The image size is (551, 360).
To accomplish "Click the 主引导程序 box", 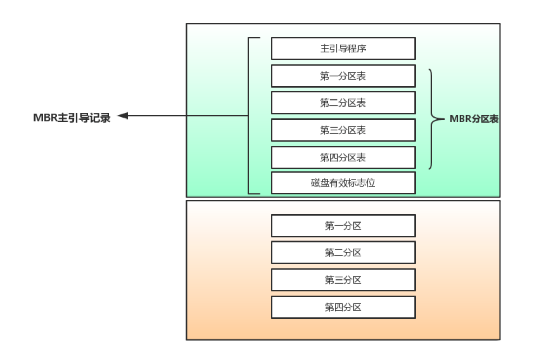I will (x=343, y=49).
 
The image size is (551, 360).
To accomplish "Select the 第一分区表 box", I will (x=343, y=76).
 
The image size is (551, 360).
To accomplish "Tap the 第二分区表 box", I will (x=343, y=103).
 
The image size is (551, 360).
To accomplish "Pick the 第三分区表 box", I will (x=343, y=130).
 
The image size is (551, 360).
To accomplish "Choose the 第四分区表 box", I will (x=343, y=157).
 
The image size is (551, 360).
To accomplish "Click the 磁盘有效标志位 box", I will (x=343, y=183).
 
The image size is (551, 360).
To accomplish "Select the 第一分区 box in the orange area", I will (x=343, y=226).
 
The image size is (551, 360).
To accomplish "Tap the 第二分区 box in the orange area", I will (x=343, y=252).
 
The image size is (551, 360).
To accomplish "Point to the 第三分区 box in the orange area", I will (x=343, y=280).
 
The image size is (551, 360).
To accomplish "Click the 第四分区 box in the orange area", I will (x=343, y=307).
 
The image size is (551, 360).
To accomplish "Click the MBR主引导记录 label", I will (x=72, y=118).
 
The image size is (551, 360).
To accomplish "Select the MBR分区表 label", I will (x=474, y=119).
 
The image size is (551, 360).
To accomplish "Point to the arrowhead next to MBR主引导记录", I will (x=123, y=116).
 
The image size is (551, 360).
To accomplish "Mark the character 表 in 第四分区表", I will (x=361, y=157).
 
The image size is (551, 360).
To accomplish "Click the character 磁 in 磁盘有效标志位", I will (x=316, y=183).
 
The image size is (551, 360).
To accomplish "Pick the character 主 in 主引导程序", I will (x=325, y=49).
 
